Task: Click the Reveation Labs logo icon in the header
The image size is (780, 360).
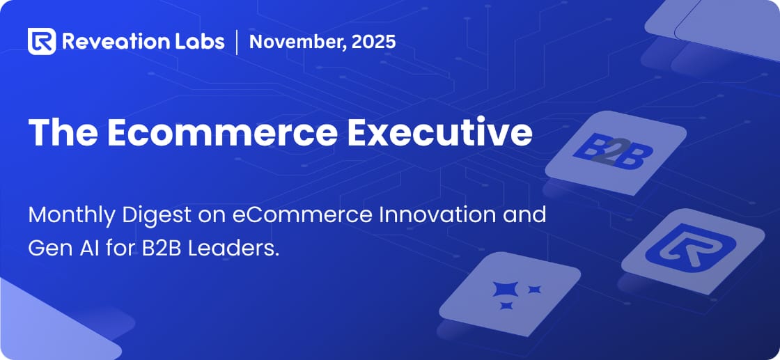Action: tap(41, 41)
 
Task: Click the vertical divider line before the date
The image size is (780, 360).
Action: tap(237, 41)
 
